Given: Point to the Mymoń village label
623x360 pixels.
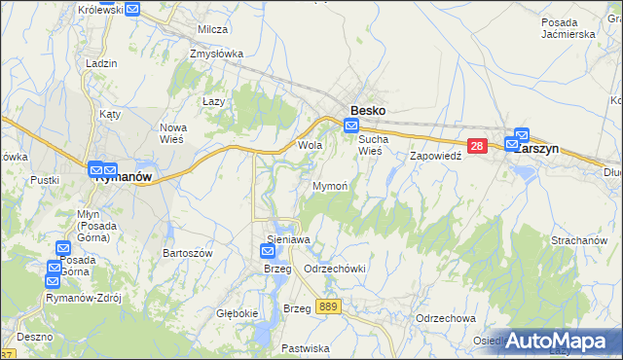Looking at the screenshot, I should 329,185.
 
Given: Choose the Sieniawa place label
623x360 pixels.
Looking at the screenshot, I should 288,238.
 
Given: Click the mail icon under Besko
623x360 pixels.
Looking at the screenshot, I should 351,126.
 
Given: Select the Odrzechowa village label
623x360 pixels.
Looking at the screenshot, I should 445,318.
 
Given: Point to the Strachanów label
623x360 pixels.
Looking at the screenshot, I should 579,240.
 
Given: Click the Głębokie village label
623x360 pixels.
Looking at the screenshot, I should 237,313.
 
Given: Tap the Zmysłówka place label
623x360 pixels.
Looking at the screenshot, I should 217,54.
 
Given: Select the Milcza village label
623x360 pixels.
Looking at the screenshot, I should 212,30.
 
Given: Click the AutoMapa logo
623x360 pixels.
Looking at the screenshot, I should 557,342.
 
